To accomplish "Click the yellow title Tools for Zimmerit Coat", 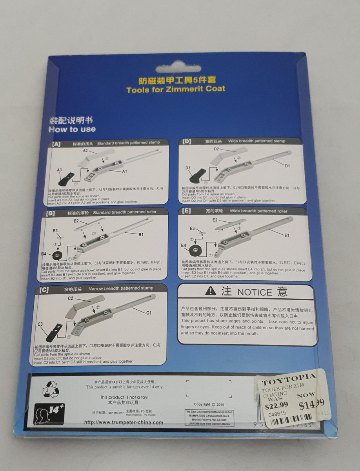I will (x=176, y=89).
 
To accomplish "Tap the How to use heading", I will (x=72, y=129).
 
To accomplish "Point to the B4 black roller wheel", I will (x=56, y=255).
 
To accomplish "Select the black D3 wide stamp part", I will (x=198, y=176).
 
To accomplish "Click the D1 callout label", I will (x=287, y=166).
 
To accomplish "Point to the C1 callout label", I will (x=149, y=313).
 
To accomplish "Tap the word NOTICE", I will (x=255, y=292).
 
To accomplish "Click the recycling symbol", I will (x=51, y=390).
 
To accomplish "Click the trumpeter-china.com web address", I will (x=124, y=423).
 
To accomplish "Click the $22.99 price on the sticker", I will (x=276, y=404).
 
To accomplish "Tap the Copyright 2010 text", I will (x=210, y=404).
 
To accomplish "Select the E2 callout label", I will (x=215, y=220).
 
